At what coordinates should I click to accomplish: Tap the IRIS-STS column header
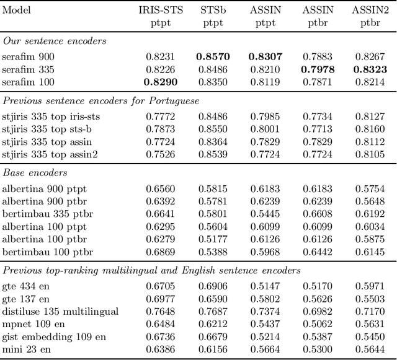coord(160,11)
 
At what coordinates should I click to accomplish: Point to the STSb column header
coord(213,11)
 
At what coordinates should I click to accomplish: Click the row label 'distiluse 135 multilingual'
coord(60,311)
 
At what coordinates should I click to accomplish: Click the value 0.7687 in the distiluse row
coord(213,311)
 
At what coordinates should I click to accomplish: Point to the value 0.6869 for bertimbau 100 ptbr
coord(160,252)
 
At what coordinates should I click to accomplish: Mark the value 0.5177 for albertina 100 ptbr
coord(213,239)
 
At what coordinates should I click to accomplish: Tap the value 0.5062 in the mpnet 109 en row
coord(318,324)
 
